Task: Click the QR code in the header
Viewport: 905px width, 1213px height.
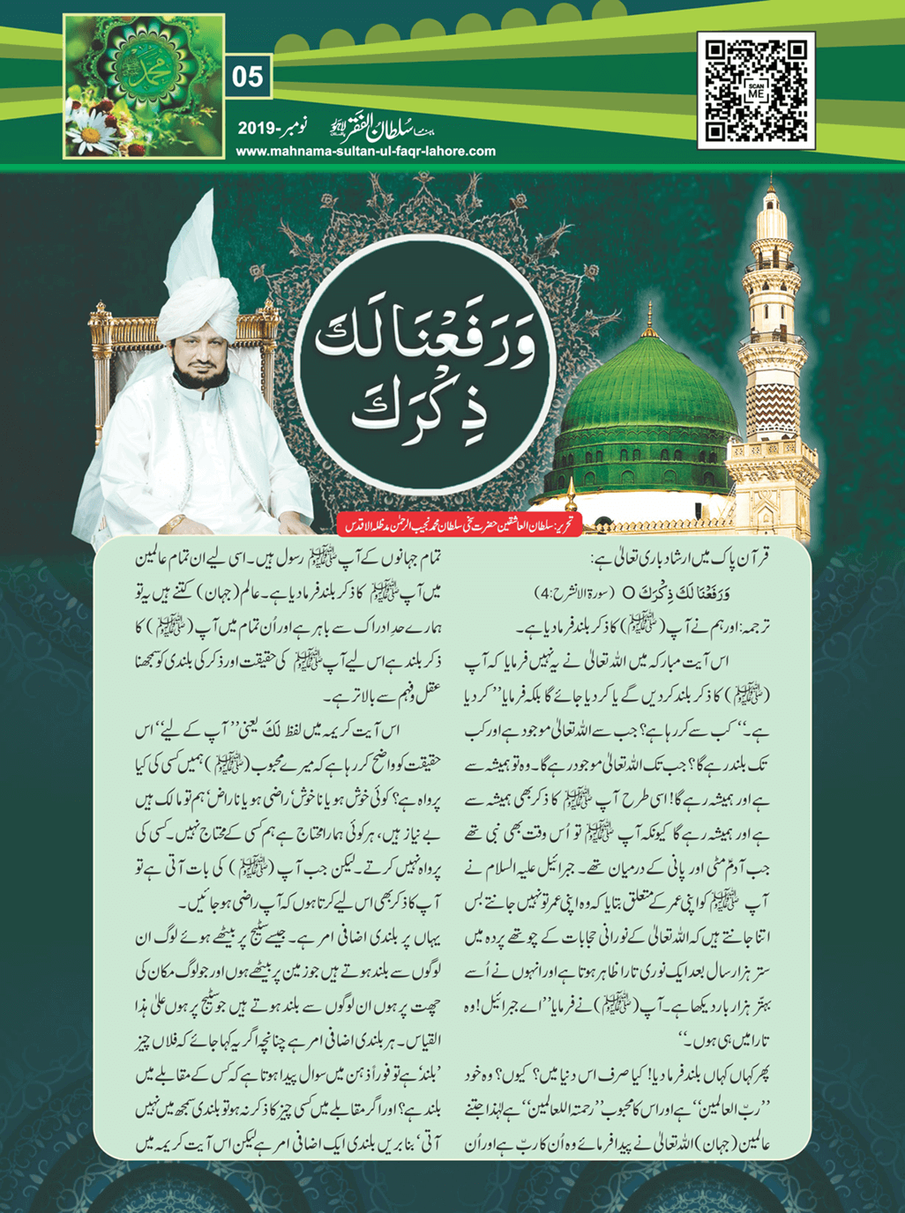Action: [x=756, y=90]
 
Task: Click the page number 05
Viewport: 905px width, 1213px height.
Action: [x=247, y=77]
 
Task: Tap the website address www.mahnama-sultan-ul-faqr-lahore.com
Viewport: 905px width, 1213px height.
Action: [x=365, y=151]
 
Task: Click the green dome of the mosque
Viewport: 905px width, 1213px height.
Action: [x=650, y=397]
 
